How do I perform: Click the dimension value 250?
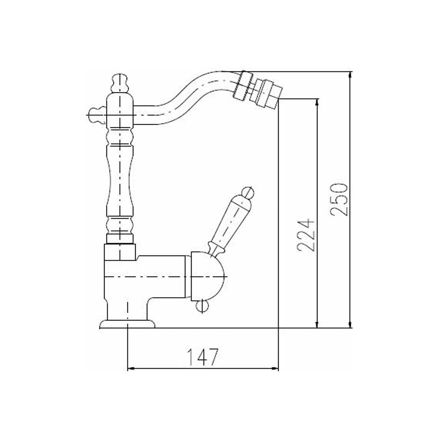339,199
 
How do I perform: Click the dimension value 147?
202,357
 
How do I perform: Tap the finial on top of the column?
120,83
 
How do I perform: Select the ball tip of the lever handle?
248,193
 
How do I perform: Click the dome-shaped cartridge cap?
208,276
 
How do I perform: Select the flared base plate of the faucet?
127,324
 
